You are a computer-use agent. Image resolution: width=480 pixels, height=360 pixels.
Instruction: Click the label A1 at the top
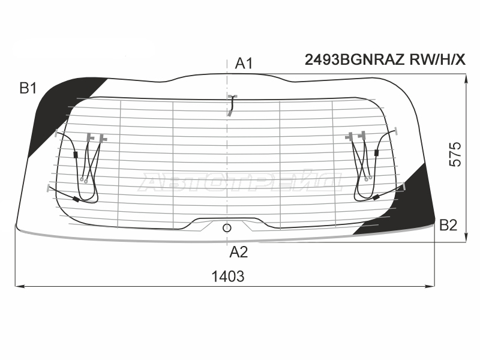[x=244, y=64]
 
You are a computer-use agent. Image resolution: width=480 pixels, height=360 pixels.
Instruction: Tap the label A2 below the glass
[x=238, y=252]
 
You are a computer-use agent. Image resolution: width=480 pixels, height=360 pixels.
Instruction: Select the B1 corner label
[x=28, y=88]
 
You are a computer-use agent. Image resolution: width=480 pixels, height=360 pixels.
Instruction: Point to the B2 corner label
[x=448, y=226]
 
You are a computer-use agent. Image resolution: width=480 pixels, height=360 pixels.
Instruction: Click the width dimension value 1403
[x=228, y=277]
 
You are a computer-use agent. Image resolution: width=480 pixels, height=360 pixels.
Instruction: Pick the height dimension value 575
[x=455, y=154]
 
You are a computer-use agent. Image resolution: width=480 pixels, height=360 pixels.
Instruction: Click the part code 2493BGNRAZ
[x=355, y=59]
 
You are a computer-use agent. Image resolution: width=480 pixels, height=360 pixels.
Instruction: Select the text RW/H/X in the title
[x=437, y=59]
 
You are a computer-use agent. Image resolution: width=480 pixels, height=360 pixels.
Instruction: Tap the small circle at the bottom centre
[x=227, y=228]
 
